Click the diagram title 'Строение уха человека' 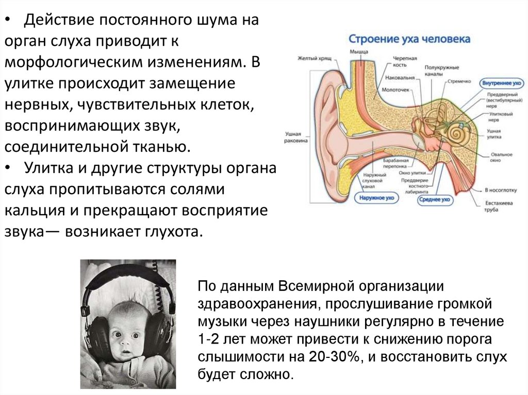coord(409,39)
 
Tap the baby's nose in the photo coord(126,345)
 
